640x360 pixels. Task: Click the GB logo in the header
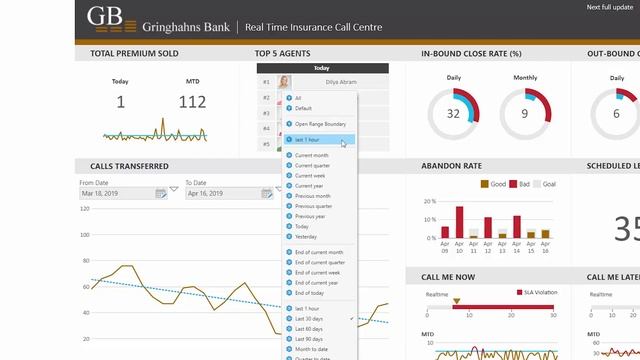104,18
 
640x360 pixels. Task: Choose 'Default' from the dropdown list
304,108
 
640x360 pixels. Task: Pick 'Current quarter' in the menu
314,166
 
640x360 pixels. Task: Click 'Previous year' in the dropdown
310,216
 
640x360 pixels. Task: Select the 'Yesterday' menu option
306,236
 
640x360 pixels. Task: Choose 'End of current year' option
318,282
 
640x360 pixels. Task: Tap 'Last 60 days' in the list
309,328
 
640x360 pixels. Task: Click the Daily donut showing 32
453,113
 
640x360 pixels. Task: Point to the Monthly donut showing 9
525,113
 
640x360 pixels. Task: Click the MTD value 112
192,101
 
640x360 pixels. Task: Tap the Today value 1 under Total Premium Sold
120,101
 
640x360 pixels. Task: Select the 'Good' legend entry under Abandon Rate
494,184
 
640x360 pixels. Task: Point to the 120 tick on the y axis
85,209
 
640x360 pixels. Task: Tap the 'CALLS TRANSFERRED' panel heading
129,166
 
